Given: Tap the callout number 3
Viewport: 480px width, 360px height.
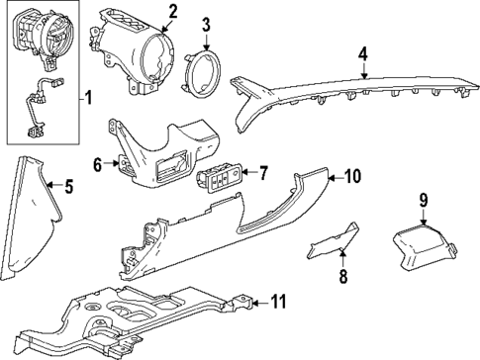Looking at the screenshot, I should coord(206,24).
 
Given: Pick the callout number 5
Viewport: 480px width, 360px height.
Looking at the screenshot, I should coord(68,185).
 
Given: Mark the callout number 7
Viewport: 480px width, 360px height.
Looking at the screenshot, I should coord(263,174).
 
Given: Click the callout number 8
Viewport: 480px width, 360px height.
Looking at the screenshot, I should coord(343,278).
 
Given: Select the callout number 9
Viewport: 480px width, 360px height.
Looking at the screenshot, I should coord(423,202).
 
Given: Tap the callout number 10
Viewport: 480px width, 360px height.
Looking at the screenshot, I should coord(351,177).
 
